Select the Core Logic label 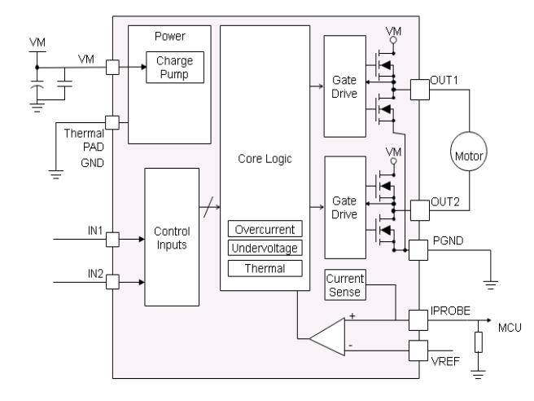tap(265, 160)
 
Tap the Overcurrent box tap(265, 229)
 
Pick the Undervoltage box tap(265, 248)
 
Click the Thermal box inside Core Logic tap(265, 267)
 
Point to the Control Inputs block tap(171, 236)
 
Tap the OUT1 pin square tap(419, 90)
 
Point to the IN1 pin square tap(112, 240)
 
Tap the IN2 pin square tap(112, 282)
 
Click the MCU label tap(510, 328)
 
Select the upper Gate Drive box tap(344, 86)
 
